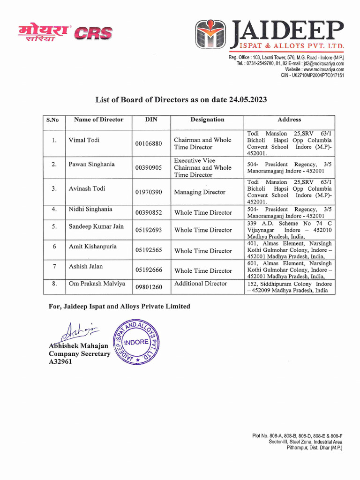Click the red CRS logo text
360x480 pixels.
pyautogui.click(x=95, y=33)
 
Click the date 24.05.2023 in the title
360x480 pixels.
pyautogui.click(x=248, y=100)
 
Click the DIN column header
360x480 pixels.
pyautogui.click(x=151, y=120)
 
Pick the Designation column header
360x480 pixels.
pyautogui.click(x=207, y=120)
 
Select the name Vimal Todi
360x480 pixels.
pyautogui.click(x=84, y=140)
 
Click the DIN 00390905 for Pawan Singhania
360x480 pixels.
pyautogui.click(x=149, y=168)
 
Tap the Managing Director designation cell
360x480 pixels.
pyautogui.click(x=200, y=192)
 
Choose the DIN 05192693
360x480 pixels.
pyautogui.click(x=149, y=230)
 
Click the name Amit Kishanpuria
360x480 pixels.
pyautogui.click(x=92, y=247)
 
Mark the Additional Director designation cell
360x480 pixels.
pyautogui.click(x=200, y=284)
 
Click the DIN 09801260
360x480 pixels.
pyautogui.click(x=149, y=287)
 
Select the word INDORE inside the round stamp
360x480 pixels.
pyautogui.click(x=135, y=342)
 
